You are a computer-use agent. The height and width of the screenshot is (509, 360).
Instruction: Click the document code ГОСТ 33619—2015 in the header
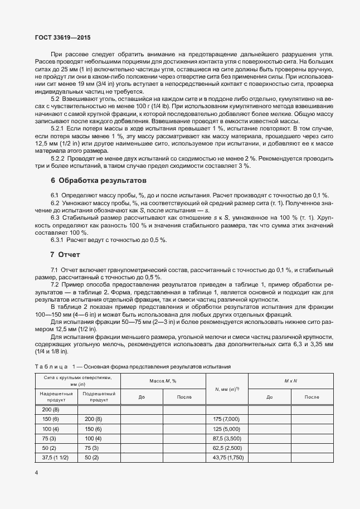[x=55, y=38]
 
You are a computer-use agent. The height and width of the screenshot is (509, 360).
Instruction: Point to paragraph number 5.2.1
[x=58, y=128]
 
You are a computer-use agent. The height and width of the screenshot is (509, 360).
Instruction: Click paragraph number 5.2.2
[x=58, y=158]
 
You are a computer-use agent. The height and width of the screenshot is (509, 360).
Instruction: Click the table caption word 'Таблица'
[x=51, y=366]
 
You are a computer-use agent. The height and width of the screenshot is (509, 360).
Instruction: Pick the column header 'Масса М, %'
[x=163, y=381]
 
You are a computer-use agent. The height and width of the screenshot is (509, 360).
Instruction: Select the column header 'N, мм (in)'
[x=226, y=389]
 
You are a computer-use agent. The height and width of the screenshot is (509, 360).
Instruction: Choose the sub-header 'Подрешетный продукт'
[x=99, y=396]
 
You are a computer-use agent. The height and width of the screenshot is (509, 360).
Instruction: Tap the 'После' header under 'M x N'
[x=312, y=397]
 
